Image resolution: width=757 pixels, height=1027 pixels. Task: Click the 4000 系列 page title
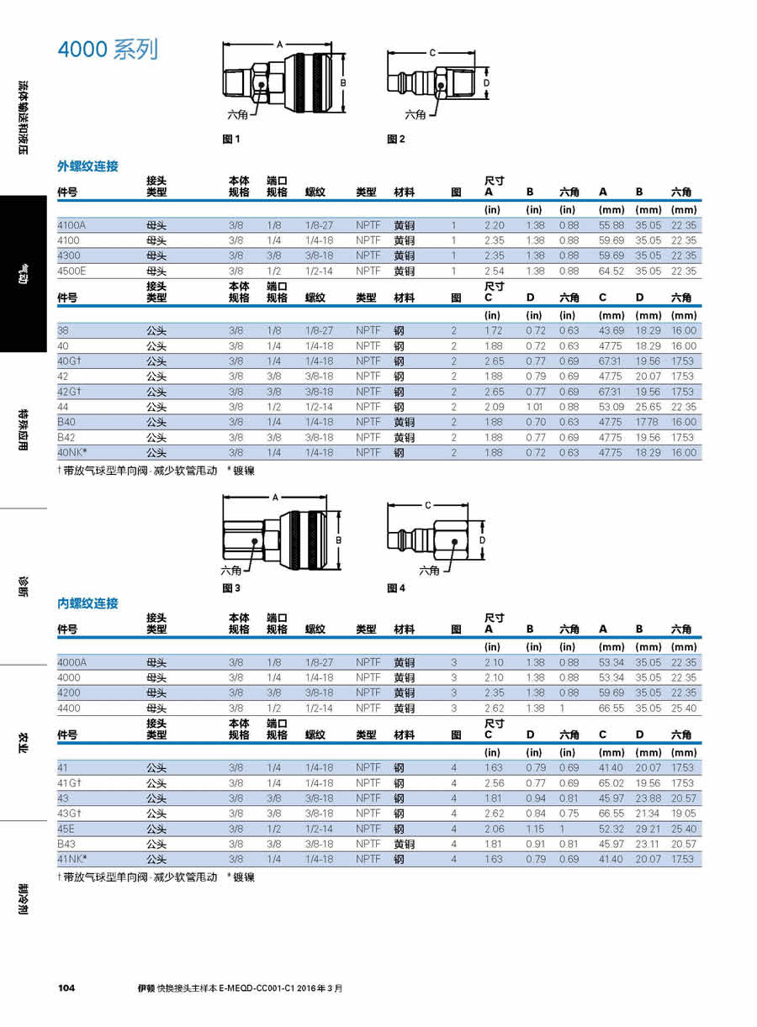[x=108, y=50]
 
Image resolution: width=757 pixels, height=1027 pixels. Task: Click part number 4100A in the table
[x=71, y=225]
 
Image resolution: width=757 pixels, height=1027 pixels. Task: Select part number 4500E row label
[x=72, y=271]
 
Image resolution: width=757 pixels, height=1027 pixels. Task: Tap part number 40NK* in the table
[x=71, y=453]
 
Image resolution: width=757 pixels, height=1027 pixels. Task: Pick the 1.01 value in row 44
[x=536, y=407]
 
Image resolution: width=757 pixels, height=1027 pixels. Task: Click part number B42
[x=66, y=437]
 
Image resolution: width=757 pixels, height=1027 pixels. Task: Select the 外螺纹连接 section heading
[x=87, y=166]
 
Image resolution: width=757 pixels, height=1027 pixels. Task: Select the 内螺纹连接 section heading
[x=87, y=603]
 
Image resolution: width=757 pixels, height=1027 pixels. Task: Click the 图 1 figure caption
[x=231, y=140]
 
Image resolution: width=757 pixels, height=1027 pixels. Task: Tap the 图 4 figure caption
[x=396, y=588]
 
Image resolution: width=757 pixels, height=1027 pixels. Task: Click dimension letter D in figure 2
[x=486, y=84]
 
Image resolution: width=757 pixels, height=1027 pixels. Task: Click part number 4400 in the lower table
[x=69, y=708]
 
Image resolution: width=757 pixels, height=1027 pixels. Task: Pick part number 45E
[x=66, y=829]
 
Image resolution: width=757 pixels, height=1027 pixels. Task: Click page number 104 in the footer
[x=66, y=988]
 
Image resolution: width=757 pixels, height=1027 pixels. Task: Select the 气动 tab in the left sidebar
[x=24, y=274]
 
